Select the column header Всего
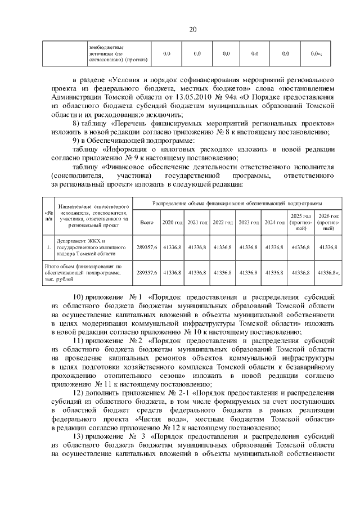pyautogui.click(x=146, y=223)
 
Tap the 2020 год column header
pyautogui.click(x=172, y=223)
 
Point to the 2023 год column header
pyautogui.click(x=248, y=223)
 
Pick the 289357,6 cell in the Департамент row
pyautogui.click(x=146, y=246)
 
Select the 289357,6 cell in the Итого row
pyautogui.click(x=146, y=272)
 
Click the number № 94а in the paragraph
pyautogui.click(x=232, y=97)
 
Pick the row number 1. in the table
pyautogui.click(x=48, y=246)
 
